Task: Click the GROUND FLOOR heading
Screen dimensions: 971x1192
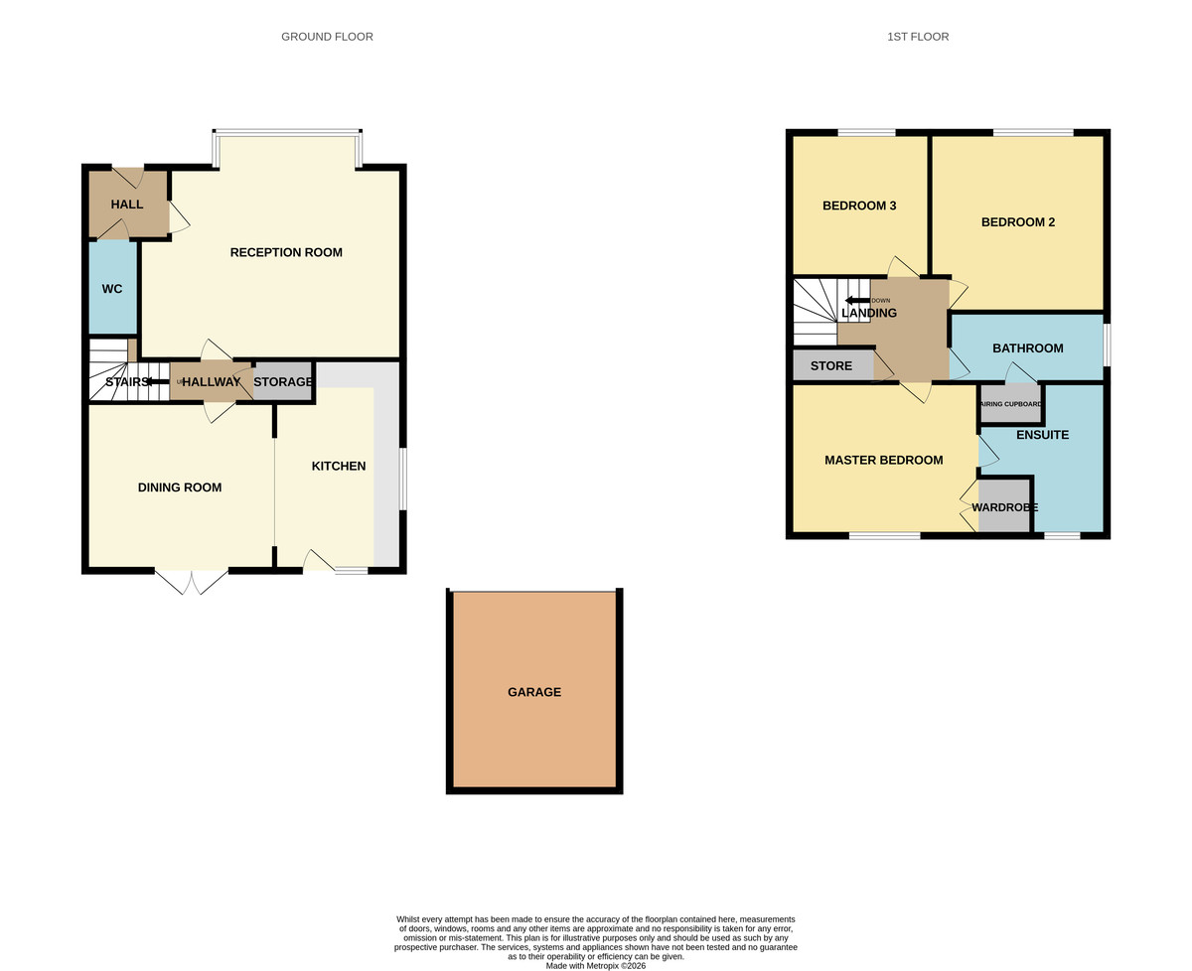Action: click(x=327, y=37)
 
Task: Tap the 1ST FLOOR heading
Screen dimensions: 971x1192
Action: click(x=918, y=37)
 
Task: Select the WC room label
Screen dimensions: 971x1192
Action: click(x=112, y=289)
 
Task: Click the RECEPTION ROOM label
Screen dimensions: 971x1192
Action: click(x=286, y=252)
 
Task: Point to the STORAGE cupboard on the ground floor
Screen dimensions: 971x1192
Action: click(x=283, y=381)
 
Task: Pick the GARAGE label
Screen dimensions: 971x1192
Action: click(x=534, y=692)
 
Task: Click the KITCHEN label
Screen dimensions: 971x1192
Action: click(x=339, y=466)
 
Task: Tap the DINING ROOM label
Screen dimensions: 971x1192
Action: click(x=180, y=487)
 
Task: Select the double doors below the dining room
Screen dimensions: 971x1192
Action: click(x=192, y=582)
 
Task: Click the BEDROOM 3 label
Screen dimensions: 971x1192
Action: click(x=859, y=206)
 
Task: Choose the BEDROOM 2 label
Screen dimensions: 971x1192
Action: click(x=1018, y=222)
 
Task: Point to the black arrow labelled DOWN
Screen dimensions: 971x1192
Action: click(x=856, y=300)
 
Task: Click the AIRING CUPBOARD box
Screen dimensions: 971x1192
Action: click(x=1010, y=404)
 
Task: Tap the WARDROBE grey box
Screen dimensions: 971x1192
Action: click(x=1004, y=506)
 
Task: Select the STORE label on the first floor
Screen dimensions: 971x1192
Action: click(x=831, y=365)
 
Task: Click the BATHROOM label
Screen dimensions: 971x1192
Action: click(x=1027, y=348)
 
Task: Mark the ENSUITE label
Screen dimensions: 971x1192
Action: click(x=1042, y=435)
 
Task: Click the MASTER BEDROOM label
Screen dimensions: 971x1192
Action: click(x=883, y=460)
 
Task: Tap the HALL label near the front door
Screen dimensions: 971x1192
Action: click(x=127, y=204)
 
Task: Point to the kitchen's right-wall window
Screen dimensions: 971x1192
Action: click(x=402, y=480)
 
